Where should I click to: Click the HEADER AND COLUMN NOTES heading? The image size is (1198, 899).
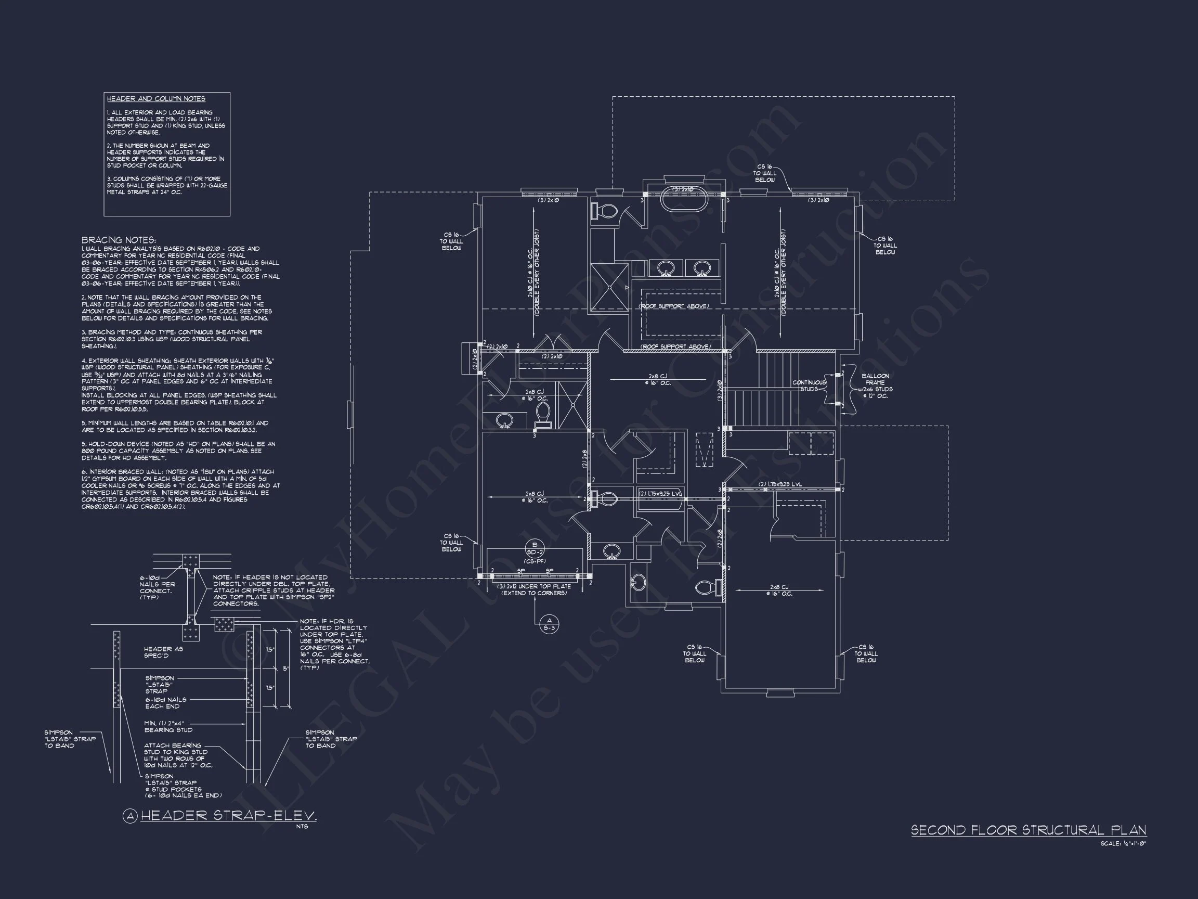coord(156,99)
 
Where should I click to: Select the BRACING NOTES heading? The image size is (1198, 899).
coord(119,240)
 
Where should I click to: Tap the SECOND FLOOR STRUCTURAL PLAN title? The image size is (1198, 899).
coord(1028,830)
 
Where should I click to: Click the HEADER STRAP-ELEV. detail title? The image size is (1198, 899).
coord(228,816)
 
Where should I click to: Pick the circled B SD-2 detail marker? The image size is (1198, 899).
coord(535,548)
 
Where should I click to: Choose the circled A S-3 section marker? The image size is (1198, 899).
coord(549,624)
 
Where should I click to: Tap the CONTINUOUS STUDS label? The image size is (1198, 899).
coord(809,386)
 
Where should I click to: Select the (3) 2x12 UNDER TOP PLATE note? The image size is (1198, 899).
coord(534,589)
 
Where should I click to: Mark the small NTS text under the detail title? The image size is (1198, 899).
coord(302,826)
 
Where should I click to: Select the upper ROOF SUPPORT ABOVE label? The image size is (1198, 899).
coord(674,306)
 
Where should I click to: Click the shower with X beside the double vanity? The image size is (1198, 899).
coord(609,287)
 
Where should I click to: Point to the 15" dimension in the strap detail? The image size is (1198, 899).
coord(285,669)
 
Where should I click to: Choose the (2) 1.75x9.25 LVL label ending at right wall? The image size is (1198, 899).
coord(780,484)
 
